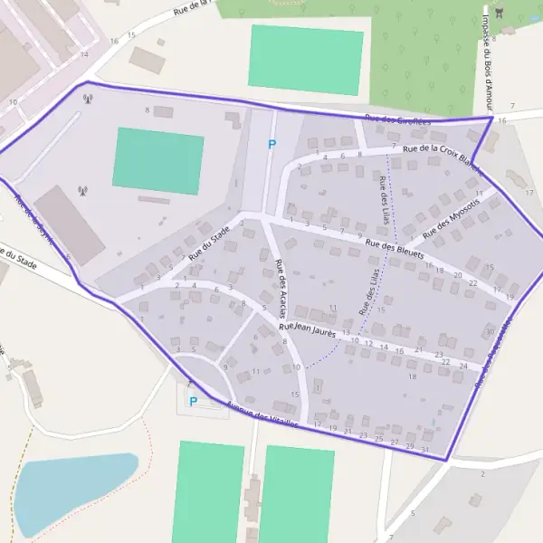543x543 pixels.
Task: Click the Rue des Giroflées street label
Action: click(398, 119)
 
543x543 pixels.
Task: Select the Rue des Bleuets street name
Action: click(395, 250)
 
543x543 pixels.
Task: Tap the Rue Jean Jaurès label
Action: click(308, 329)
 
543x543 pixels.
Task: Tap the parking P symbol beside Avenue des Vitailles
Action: click(193, 401)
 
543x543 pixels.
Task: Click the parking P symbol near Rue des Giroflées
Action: click(271, 143)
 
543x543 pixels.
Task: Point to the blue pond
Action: click(72, 493)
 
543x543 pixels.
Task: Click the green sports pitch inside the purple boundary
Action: click(158, 160)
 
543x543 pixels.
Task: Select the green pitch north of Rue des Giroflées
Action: click(306, 59)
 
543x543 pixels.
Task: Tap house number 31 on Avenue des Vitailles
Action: click(425, 450)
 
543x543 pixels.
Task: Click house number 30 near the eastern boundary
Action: click(490, 331)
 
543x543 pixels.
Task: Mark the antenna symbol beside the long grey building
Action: click(83, 191)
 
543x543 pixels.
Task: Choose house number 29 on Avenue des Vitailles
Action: click(410, 446)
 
